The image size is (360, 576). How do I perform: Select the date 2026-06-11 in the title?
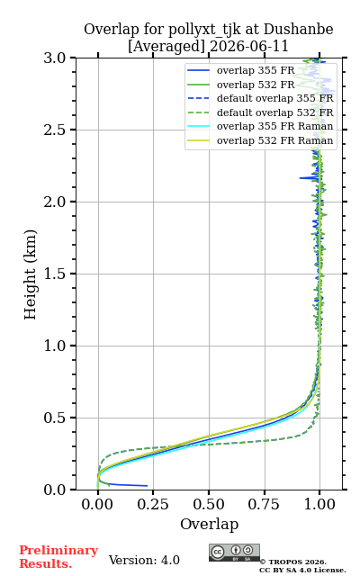(249, 47)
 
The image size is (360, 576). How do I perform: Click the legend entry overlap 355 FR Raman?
(274, 127)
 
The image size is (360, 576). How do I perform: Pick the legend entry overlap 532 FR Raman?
(274, 140)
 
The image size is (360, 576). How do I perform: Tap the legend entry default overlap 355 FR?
(274, 98)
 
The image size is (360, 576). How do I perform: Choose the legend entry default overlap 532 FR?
(274, 112)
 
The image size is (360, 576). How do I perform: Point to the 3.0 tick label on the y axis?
(55, 58)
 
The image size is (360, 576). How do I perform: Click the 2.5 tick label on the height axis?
(55, 130)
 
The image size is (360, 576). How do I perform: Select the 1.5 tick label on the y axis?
(55, 274)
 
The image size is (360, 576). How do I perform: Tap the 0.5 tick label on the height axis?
(55, 418)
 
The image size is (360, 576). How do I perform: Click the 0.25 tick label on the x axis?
(153, 504)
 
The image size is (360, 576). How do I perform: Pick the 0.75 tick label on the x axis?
(264, 504)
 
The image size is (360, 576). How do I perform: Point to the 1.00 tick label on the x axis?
(319, 504)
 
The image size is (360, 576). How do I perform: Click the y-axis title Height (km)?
(30, 274)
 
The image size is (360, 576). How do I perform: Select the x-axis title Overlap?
(210, 524)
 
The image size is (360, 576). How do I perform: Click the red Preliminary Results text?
(58, 557)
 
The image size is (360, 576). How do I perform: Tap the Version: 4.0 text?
(144, 560)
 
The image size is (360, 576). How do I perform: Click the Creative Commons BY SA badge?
(234, 553)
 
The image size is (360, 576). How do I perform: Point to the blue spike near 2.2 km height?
(309, 178)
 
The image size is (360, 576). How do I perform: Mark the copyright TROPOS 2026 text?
(293, 562)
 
